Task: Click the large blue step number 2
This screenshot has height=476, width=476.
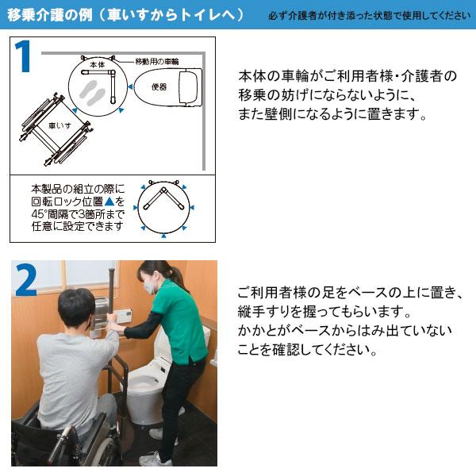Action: coord(27,281)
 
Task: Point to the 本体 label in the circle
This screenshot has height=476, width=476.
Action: coord(97,63)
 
